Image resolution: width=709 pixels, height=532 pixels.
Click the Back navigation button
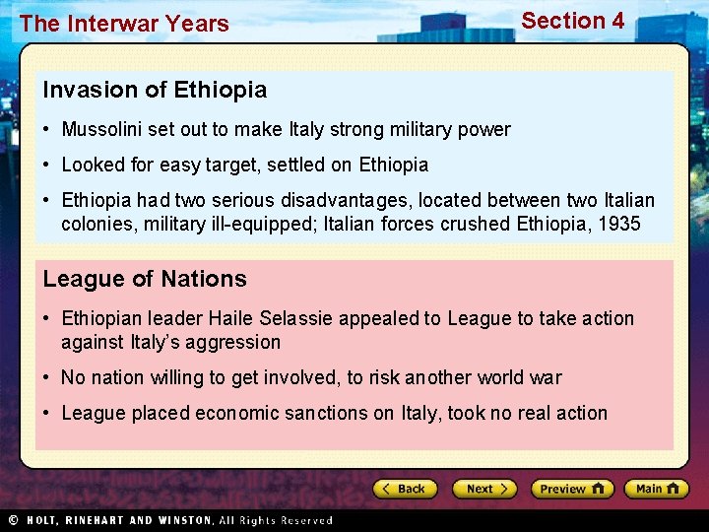404,489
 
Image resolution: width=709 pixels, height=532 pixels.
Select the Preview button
572,489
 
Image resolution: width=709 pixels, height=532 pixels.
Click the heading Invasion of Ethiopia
155,90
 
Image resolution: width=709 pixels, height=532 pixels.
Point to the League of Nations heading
145,279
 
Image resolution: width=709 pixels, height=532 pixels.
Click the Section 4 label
572,21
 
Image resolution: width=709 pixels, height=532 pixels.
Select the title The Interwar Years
124,24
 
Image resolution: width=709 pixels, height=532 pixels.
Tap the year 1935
617,224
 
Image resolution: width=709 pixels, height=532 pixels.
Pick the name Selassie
296,318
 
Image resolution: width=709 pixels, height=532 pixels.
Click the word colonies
99,224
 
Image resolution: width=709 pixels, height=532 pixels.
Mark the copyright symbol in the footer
13,520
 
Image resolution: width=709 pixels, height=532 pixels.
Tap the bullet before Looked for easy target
48,166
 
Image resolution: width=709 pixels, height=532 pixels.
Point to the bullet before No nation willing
48,378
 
